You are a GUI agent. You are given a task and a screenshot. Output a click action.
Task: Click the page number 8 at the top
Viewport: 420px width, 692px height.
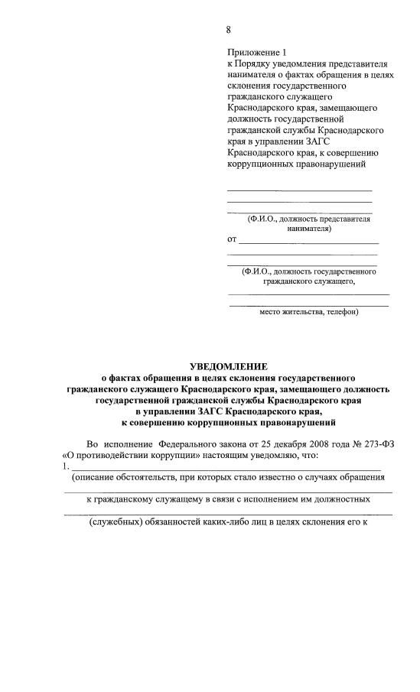(228, 30)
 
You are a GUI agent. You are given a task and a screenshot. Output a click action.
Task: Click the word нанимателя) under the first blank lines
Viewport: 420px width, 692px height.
(309, 228)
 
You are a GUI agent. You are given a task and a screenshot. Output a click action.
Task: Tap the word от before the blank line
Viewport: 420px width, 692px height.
(232, 240)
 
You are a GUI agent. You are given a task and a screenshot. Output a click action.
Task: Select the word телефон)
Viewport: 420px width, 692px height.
(342, 312)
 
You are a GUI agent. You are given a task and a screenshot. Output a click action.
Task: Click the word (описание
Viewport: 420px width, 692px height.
(94, 478)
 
